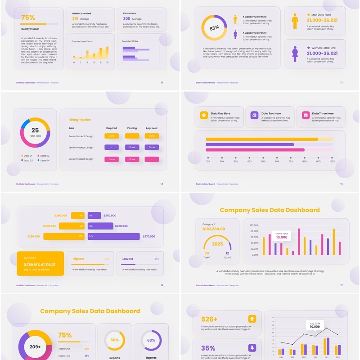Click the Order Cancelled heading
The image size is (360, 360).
point(81,13)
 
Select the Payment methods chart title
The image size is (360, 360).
point(82,41)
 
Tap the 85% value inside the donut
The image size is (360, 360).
point(214,27)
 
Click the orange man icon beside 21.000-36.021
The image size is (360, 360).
point(295,21)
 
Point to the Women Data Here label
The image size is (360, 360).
point(324,48)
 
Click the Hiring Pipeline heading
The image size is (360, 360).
point(80,120)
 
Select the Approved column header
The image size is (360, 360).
point(152,128)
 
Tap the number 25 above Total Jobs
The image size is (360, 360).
point(35,130)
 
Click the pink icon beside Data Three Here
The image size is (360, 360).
point(306,115)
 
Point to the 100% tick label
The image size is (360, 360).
point(332,161)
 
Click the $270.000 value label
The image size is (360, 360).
point(149,236)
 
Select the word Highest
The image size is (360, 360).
point(78,259)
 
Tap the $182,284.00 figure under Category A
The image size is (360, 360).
point(214,229)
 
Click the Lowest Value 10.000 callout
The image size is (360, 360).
point(282,236)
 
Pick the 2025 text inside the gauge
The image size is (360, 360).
point(217,244)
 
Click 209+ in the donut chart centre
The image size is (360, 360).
point(35,347)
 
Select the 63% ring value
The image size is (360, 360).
point(151,340)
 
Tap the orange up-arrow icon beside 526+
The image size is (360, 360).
point(252,319)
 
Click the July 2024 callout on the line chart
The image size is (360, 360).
point(315,325)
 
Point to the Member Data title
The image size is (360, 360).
point(130,41)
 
